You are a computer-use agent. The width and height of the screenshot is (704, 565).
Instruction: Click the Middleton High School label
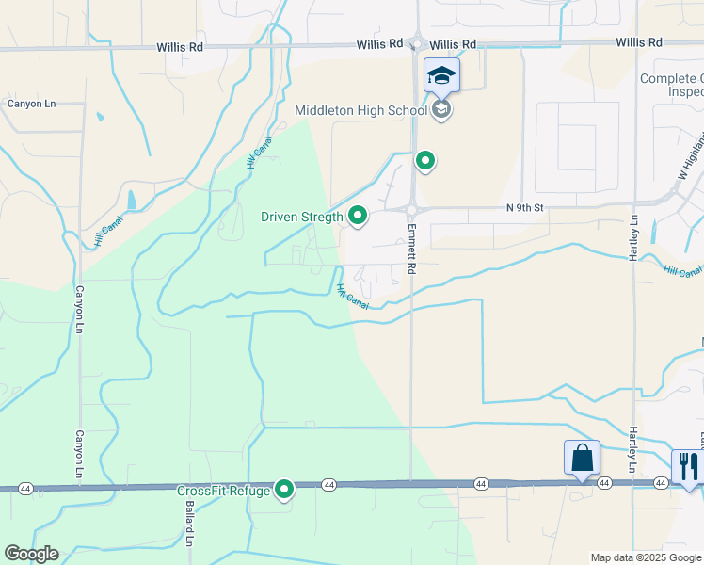point(361,110)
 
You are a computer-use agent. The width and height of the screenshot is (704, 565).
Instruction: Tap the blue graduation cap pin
point(441,75)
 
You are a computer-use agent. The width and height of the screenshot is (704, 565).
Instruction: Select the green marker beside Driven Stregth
point(358,217)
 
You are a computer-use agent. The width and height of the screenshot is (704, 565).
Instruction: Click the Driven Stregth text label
point(301,218)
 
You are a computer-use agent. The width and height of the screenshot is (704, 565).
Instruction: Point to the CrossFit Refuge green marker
point(284,490)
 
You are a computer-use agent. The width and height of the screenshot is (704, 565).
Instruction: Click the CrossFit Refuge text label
point(223,491)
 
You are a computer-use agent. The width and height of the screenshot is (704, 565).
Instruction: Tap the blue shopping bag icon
point(582,458)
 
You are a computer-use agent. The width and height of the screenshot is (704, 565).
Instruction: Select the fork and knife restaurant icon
point(688,466)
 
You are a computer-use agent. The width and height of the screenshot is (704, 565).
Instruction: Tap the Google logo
point(31,554)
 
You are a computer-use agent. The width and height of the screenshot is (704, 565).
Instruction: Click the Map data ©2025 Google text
point(645,557)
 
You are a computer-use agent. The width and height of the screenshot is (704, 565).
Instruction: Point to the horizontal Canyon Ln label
point(26,104)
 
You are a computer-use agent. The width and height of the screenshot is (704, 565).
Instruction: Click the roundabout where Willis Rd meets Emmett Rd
point(415,44)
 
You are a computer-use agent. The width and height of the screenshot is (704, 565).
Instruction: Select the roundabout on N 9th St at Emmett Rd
point(411,208)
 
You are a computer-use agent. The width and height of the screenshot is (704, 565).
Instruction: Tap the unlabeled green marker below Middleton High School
point(425,162)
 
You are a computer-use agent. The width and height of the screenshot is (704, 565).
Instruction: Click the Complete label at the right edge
point(671,78)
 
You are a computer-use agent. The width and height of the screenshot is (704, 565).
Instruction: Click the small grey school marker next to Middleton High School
point(440,110)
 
